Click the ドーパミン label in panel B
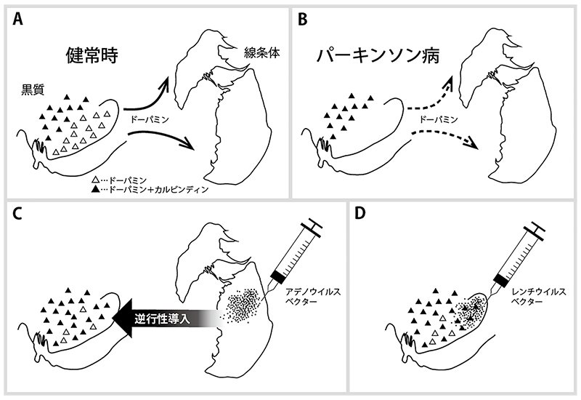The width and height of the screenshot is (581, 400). coord(438,119)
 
